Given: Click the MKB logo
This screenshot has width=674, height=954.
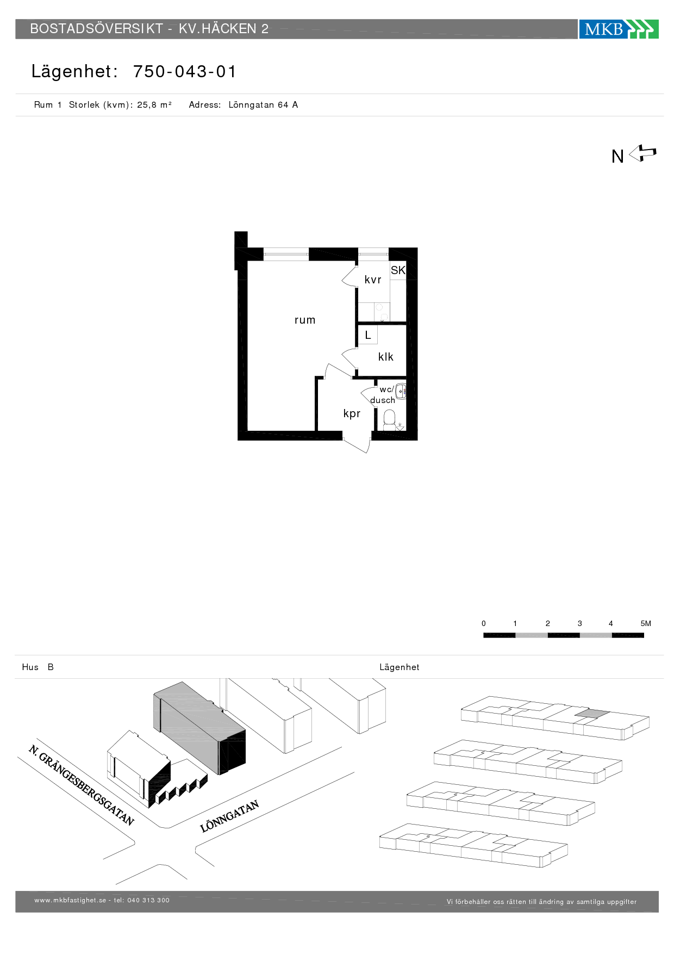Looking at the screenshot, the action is pyautogui.click(x=619, y=29).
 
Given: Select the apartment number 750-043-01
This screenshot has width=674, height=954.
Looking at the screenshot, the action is pyautogui.click(x=185, y=72).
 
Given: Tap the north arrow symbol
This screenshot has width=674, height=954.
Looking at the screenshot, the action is pyautogui.click(x=643, y=153).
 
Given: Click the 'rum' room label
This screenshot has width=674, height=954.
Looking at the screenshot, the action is pyautogui.click(x=305, y=320).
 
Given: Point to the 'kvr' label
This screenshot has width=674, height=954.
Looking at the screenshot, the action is pyautogui.click(x=373, y=280).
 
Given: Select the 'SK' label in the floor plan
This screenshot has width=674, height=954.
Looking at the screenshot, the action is pyautogui.click(x=398, y=270).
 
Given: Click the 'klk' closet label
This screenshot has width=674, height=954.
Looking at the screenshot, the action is pyautogui.click(x=386, y=357).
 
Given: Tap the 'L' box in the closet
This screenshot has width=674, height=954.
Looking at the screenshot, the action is pyautogui.click(x=368, y=335).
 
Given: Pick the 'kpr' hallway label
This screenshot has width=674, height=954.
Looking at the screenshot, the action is pyautogui.click(x=352, y=414).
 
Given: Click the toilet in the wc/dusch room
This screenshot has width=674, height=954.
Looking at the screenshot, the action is pyautogui.click(x=389, y=420).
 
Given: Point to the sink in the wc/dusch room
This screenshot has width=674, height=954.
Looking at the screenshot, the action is pyautogui.click(x=401, y=391).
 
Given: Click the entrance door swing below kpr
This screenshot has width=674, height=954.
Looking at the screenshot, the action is pyautogui.click(x=357, y=443).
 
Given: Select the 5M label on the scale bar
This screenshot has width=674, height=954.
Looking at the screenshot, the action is pyautogui.click(x=646, y=623).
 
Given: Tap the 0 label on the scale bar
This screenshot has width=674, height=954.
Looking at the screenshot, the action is pyautogui.click(x=484, y=623).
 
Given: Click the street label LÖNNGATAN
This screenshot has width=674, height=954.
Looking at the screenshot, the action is pyautogui.click(x=229, y=816).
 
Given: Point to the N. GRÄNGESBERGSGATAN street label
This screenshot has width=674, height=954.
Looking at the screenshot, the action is pyautogui.click(x=82, y=785).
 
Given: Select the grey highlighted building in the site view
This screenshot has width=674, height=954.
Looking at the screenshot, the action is pyautogui.click(x=199, y=728).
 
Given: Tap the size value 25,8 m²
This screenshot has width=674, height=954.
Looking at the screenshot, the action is pyautogui.click(x=154, y=105).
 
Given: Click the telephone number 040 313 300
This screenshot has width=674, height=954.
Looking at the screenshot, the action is pyautogui.click(x=148, y=900).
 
